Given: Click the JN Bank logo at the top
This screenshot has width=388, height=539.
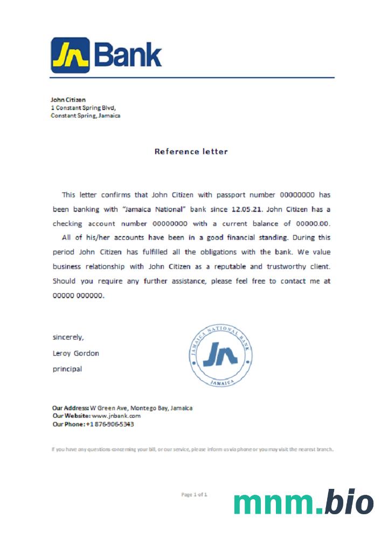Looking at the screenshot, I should pyautogui.click(x=106, y=55).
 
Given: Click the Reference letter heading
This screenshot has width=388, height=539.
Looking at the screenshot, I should pyautogui.click(x=191, y=151).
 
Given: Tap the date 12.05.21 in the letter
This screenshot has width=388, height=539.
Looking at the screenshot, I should pyautogui.click(x=246, y=209).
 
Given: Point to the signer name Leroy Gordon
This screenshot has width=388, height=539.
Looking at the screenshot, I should pyautogui.click(x=75, y=354).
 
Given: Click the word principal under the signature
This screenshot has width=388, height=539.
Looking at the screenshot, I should pyautogui.click(x=67, y=369).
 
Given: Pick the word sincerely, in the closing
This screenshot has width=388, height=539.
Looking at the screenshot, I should pyautogui.click(x=68, y=337).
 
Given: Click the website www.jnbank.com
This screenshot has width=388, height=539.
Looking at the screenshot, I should pyautogui.click(x=116, y=416).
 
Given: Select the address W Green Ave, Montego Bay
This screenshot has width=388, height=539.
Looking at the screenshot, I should pyautogui.click(x=141, y=408).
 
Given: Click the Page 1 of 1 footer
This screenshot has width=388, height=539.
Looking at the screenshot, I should pyautogui.click(x=194, y=494).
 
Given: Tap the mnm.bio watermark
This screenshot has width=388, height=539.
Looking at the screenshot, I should pyautogui.click(x=303, y=503).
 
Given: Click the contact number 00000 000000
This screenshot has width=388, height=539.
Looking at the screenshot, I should pyautogui.click(x=78, y=295).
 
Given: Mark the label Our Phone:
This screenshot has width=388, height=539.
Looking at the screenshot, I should pyautogui.click(x=68, y=424).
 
